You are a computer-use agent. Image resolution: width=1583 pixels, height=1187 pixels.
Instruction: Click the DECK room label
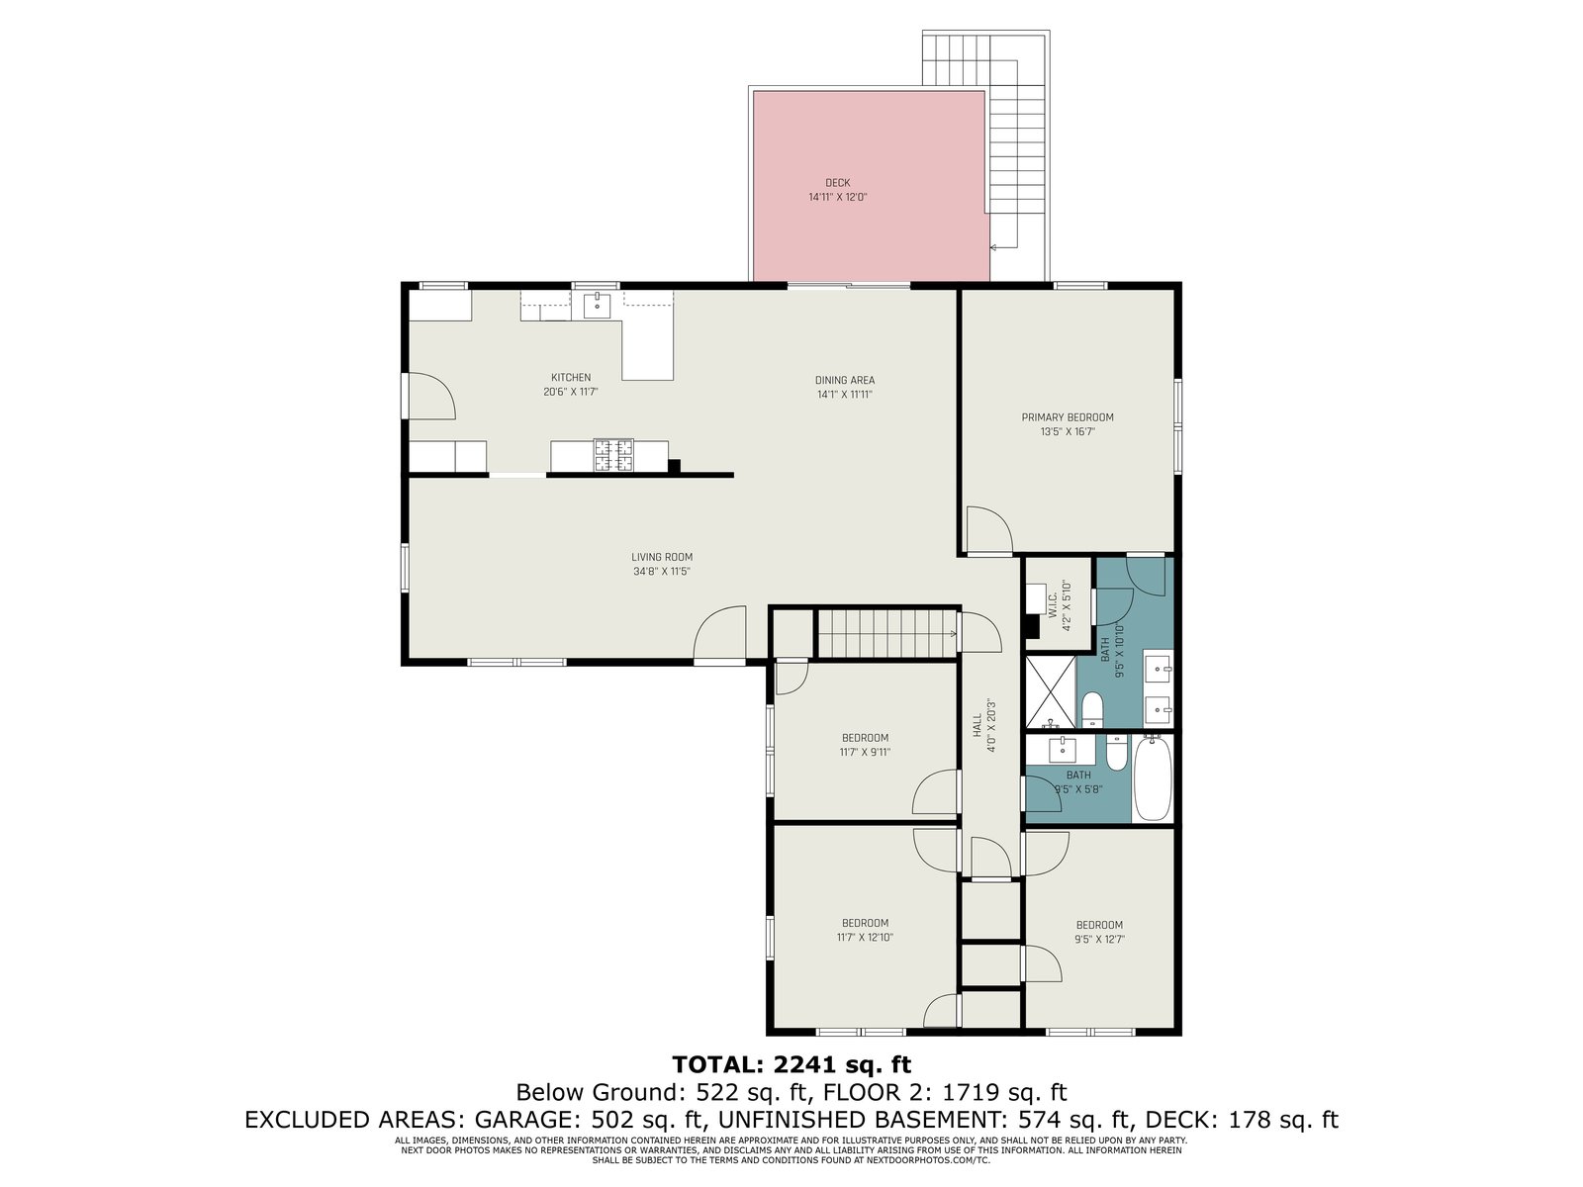point(837,183)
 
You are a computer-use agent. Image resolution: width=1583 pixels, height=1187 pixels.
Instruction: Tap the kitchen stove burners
point(613,455)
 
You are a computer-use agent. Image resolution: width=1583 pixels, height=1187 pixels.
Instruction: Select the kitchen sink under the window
point(597,306)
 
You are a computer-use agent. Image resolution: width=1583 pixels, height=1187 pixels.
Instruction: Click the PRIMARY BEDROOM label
point(1067,417)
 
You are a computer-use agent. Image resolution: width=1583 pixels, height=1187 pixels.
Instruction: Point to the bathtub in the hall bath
point(1152,778)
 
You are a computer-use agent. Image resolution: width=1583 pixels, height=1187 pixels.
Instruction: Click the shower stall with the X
point(1050,691)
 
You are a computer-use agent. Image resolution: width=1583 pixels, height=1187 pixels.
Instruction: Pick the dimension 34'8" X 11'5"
point(661,572)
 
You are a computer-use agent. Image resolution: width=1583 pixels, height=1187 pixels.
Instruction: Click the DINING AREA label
point(845,381)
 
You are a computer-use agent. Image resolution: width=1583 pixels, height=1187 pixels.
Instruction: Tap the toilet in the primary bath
point(1092,710)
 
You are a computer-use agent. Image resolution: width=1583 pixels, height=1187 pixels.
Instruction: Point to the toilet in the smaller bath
point(1116,752)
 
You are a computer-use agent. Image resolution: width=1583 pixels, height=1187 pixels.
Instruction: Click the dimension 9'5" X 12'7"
point(1099,939)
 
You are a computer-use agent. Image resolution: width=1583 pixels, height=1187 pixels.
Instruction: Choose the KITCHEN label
point(571,378)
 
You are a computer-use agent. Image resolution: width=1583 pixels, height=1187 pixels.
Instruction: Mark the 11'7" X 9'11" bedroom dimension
point(865,753)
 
